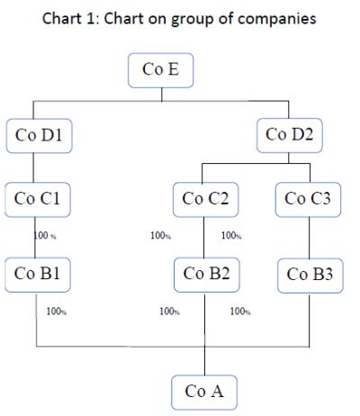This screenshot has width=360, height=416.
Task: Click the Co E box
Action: point(161,70)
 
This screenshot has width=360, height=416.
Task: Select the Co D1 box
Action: point(40,136)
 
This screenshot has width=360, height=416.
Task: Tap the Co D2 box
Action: point(290,135)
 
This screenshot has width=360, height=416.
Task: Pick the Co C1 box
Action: point(38,200)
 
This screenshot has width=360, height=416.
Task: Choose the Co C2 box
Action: point(206,200)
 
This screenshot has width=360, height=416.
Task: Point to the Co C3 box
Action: point(308,200)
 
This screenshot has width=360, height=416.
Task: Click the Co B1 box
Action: point(38,275)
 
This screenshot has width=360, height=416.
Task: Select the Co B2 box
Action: point(207,275)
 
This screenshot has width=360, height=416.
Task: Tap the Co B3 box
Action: point(310,276)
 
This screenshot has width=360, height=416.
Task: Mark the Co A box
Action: point(204,393)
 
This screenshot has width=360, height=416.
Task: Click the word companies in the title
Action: point(277,19)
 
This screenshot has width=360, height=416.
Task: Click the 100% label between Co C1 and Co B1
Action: point(45,236)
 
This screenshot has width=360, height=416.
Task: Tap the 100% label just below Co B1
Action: point(57,312)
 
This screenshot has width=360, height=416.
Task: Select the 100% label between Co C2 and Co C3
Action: point(231,236)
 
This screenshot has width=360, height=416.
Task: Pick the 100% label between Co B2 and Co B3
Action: point(240,312)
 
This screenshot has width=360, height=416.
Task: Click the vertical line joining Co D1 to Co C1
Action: point(33,167)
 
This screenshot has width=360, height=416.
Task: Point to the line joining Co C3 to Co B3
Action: point(310,238)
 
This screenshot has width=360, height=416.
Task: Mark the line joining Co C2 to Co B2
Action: point(204,238)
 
